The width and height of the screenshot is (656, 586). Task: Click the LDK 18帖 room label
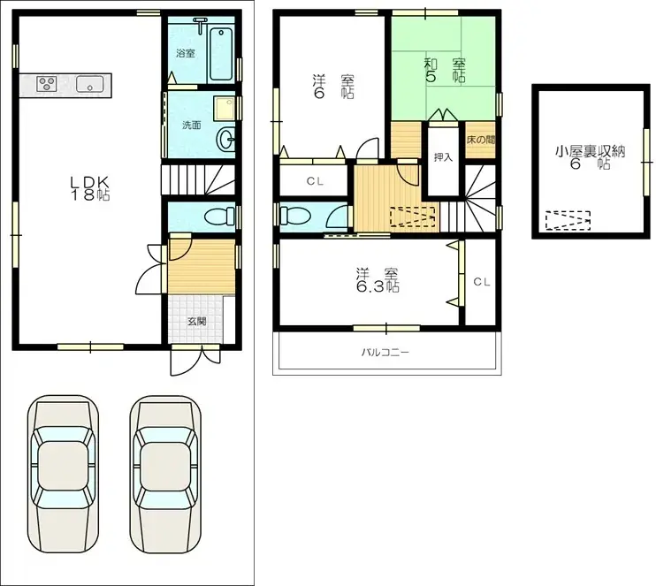point(90,188)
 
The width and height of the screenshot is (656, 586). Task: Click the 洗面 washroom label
point(191,125)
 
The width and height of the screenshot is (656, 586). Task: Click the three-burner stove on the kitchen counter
point(47,85)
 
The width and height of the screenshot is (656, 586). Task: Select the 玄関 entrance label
point(195,322)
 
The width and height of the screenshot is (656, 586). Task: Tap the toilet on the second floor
point(293,216)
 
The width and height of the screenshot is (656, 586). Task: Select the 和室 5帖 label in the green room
point(444,70)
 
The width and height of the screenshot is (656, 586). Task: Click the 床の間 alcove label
point(481,140)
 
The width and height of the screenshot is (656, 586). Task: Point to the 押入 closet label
point(443,158)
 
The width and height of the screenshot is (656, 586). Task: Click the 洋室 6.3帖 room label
point(377,279)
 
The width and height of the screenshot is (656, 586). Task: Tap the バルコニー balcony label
point(385,352)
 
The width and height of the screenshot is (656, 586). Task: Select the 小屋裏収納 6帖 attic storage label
point(591,157)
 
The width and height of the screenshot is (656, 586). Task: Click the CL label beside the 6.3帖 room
point(481,282)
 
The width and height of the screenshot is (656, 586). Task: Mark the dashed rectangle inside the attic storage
point(567,220)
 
